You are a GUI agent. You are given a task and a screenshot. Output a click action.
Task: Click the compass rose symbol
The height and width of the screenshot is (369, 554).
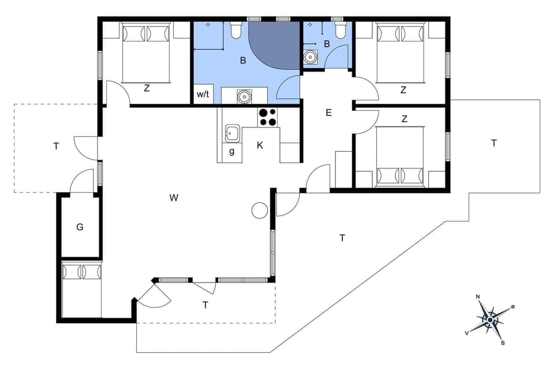tap(490, 319)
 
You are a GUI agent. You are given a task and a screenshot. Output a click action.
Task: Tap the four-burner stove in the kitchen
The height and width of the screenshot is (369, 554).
tap(267, 117)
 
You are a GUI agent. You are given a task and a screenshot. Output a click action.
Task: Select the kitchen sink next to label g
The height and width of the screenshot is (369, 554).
tap(232, 133)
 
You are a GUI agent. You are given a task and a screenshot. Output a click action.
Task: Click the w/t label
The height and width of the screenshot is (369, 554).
tap(203, 94)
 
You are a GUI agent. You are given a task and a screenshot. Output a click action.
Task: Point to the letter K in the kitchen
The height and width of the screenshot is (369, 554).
tap(260, 145)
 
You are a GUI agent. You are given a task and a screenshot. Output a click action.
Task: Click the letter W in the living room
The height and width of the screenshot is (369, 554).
tap(174, 198)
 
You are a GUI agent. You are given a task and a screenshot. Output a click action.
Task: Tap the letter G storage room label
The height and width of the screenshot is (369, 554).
tap(80, 227)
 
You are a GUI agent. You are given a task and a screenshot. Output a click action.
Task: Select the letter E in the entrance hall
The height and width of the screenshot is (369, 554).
tap(328, 113)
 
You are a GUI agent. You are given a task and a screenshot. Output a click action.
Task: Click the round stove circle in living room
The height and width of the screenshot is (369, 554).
tap(260, 211)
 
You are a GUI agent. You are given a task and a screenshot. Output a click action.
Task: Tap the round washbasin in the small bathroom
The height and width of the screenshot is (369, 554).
tap(312, 57)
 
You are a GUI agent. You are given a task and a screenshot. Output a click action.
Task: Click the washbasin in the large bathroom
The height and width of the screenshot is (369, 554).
tap(245, 96)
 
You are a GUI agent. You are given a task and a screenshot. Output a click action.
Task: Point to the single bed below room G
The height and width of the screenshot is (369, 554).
tap(81, 289)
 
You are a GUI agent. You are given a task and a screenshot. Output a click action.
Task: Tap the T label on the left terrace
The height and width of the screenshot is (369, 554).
tap(56, 146)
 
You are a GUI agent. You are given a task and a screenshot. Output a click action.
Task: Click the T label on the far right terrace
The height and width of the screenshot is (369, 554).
tap(493, 143)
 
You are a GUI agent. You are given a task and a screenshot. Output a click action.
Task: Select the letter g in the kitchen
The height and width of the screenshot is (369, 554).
tap(231, 152)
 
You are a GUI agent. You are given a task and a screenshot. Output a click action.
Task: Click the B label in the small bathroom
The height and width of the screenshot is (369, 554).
tap(327, 44)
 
